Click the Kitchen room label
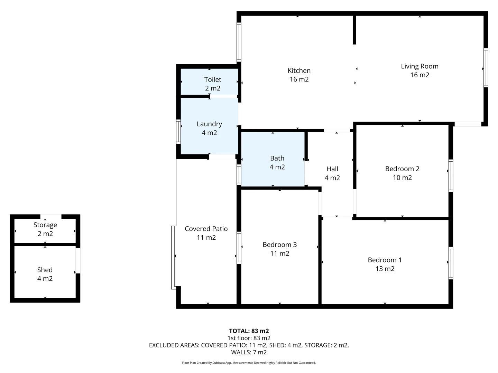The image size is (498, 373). click(299, 70)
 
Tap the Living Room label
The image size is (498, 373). click(419, 66)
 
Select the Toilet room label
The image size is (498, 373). click(213, 79)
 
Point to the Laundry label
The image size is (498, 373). click(209, 124)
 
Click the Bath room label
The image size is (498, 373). click(277, 158)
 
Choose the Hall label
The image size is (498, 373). click(332, 169)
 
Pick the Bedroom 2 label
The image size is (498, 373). click(402, 169)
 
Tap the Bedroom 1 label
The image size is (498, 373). click(385, 260)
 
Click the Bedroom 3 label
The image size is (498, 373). click(279, 245)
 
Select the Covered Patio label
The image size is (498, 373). click(206, 229)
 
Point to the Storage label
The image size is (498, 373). click(45, 225)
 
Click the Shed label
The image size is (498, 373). click(45, 270)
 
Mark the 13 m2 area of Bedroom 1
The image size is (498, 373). click(385, 269)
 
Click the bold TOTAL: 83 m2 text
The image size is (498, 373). click(249, 331)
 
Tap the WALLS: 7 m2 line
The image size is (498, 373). click(249, 352)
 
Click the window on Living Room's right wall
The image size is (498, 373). click(486, 68)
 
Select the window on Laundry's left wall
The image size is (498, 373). click(178, 132)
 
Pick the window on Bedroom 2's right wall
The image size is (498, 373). click(451, 175)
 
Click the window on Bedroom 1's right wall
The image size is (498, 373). click(451, 263)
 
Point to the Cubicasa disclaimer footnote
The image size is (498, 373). click(249, 363)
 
